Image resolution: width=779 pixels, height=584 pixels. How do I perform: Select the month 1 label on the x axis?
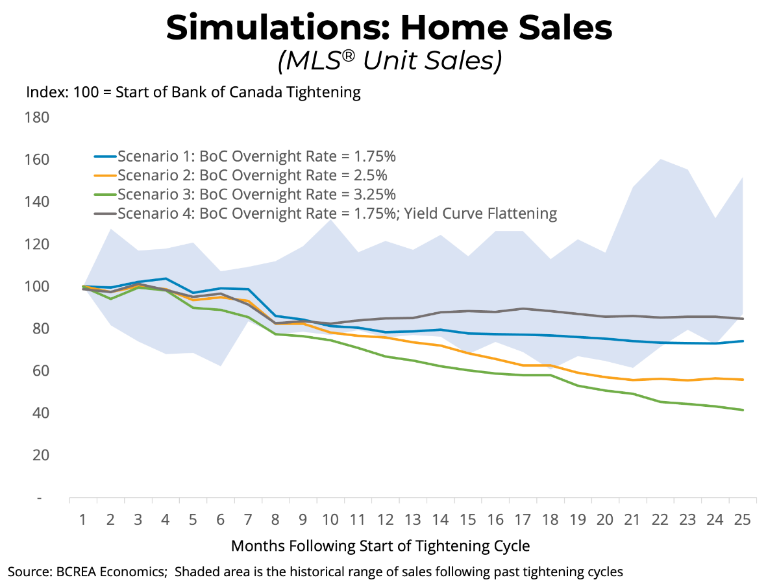(x=83, y=520)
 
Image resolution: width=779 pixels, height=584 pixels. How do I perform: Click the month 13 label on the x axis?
(x=410, y=520)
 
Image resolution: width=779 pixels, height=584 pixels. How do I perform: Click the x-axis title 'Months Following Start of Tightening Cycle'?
(x=380, y=546)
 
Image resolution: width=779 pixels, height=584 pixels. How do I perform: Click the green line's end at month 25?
(x=743, y=410)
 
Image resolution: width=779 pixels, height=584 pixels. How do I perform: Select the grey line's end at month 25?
(x=743, y=319)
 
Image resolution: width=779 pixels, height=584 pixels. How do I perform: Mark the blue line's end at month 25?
(x=743, y=341)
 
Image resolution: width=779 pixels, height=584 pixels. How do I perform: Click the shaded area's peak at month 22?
(x=661, y=159)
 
